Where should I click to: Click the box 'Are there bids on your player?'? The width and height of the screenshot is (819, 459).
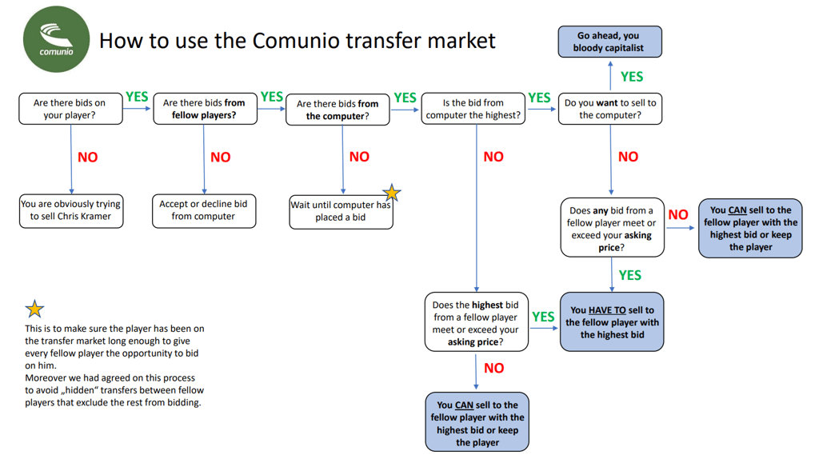pos(70,109)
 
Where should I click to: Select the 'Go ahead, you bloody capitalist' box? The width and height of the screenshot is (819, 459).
pos(609,42)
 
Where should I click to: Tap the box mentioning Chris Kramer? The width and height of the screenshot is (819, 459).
pos(70,210)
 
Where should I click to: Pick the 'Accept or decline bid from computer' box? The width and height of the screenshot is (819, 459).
pos(204,210)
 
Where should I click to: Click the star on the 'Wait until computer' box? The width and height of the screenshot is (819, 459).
pos(391,193)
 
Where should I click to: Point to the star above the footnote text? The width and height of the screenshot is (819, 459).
pos(34,309)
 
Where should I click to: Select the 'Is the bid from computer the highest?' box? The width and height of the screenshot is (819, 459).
pos(473,109)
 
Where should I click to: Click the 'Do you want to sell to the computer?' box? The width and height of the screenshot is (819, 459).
pos(609,109)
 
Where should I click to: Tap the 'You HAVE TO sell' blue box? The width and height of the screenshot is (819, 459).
pos(612,321)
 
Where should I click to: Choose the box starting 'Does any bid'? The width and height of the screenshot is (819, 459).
pos(612,229)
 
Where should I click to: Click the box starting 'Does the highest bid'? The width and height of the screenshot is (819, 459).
pos(476,323)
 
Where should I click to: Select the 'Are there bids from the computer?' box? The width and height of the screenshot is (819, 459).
pos(338,110)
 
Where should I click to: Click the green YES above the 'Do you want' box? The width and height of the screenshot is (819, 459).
pos(632,77)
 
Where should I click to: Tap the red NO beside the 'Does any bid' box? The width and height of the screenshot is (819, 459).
pos(678,214)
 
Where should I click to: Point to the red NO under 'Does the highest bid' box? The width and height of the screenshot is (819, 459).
pos(494,368)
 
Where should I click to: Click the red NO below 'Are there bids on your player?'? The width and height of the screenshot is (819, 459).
pos(88,158)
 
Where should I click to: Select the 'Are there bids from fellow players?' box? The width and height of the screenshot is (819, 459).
pos(204,109)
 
